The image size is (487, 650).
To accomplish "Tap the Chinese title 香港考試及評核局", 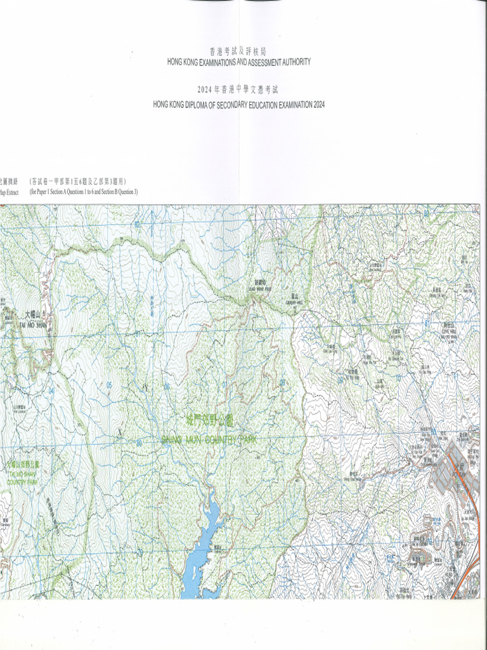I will pos(238,51).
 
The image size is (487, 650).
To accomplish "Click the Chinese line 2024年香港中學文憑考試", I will pos(238,90).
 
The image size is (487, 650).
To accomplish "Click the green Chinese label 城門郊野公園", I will pos(210,421).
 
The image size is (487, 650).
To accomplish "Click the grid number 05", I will pos(109,385).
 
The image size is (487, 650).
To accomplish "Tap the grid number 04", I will pos(51,391).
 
